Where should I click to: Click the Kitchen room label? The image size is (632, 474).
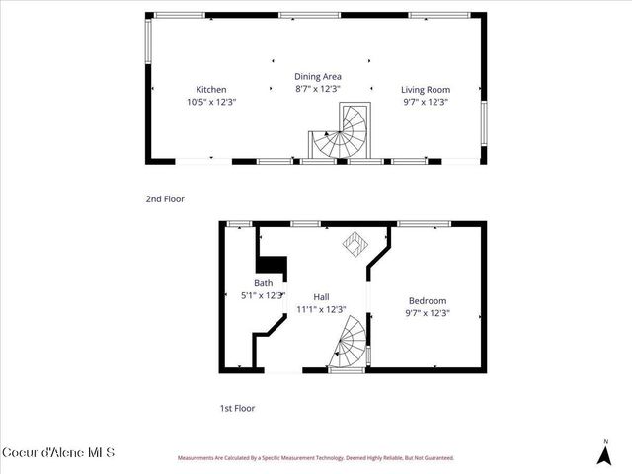pos(211,89)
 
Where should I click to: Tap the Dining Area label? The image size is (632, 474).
pos(317,76)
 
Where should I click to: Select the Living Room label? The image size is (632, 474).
pos(426,89)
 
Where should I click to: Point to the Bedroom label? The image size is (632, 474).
pos(427,300)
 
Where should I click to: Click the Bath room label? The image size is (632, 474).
pos(263,283)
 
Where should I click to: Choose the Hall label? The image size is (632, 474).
pos(321,296)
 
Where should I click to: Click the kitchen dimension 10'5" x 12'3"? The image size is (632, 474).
pos(211,102)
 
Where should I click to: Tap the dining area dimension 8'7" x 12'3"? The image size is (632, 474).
pos(317,89)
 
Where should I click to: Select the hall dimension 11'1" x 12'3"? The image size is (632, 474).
pos(321,309)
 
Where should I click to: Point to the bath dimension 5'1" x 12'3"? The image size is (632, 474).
pos(263,295)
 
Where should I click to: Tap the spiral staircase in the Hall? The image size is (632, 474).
pos(348,343)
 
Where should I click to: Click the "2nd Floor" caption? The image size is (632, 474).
pos(165,199)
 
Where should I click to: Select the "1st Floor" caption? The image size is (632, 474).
pos(239,407)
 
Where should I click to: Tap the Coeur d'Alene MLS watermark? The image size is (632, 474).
pos(58,453)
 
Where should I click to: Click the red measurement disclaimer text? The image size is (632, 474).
pos(315,458)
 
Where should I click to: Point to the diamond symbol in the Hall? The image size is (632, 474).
pos(353,244)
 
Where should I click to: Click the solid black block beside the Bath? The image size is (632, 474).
pos(272,265)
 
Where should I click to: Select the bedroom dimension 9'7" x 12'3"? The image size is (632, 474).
pos(427,313)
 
